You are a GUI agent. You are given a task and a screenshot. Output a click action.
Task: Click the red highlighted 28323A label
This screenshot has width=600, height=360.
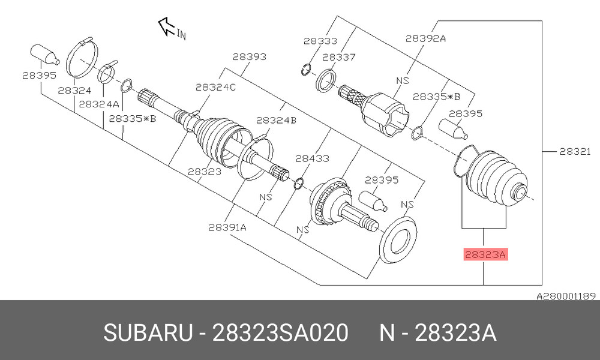(x=485, y=254)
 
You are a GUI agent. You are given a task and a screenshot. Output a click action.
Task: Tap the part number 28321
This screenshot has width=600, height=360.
(x=575, y=151)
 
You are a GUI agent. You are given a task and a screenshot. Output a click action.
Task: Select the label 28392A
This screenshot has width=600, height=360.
(x=425, y=38)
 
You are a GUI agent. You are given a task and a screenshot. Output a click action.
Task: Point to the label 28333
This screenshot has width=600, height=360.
(x=320, y=41)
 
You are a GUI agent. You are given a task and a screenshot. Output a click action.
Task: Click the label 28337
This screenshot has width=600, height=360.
(x=338, y=58)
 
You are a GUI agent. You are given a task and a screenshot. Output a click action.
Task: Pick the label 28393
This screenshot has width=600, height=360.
(x=250, y=56)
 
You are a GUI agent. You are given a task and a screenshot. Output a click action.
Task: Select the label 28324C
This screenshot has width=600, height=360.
(x=216, y=88)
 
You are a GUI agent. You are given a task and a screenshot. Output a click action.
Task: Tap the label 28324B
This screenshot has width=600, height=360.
(x=276, y=121)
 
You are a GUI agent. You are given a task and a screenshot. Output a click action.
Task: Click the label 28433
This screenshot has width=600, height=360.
(x=312, y=158)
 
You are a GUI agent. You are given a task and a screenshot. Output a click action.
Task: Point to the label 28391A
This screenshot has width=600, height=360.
(x=227, y=227)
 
